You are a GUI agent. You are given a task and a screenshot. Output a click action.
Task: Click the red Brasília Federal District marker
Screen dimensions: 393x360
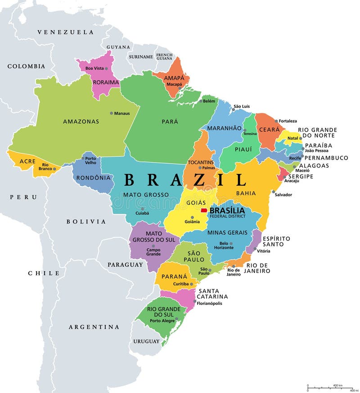coord(204,210)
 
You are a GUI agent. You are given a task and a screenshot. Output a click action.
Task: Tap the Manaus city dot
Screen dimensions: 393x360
coord(112,113)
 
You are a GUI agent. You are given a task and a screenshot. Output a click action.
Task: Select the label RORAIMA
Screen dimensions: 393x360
coord(105,82)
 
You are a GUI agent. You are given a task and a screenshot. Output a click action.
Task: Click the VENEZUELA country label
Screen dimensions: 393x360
coord(65,32)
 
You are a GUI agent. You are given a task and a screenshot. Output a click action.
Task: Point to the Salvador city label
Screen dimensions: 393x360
coord(283,195)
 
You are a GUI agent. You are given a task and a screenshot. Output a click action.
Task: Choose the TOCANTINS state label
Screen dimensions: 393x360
coord(201,162)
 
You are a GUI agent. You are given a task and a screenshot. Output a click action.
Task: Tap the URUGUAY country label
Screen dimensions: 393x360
coord(146,341)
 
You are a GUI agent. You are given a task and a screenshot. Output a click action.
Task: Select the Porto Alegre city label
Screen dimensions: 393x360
coord(162,321)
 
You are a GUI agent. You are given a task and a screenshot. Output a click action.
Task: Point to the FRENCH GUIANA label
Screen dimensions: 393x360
coord(164,56)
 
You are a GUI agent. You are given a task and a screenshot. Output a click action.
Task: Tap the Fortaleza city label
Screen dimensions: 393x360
coord(288,121)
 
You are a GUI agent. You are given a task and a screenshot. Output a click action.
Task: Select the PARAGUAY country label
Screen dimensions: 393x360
coord(125,265)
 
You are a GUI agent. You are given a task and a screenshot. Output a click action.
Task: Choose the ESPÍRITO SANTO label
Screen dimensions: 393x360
coord(276,241)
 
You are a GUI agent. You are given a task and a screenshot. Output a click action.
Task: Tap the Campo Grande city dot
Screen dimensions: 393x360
coord(153,245)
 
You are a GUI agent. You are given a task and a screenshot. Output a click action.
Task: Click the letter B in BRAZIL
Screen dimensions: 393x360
coord(130,180)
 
